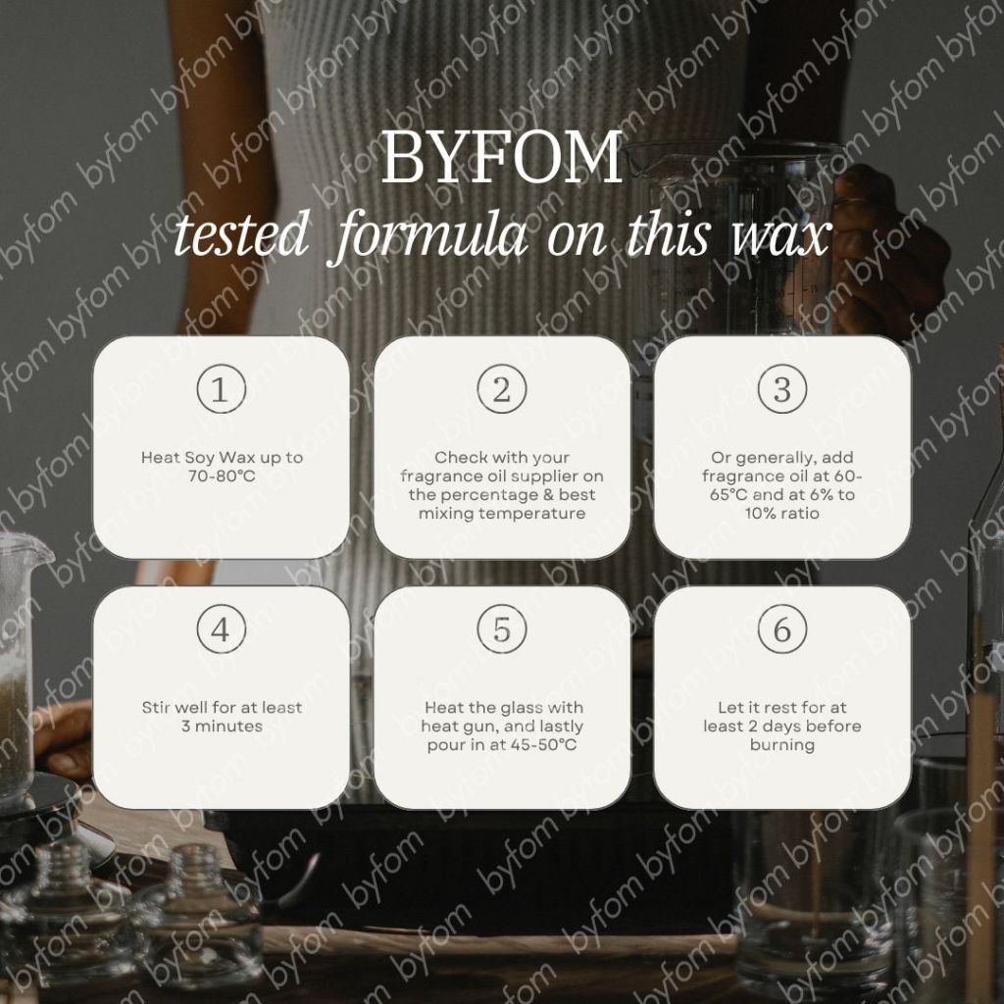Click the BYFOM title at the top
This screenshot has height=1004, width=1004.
[501, 158]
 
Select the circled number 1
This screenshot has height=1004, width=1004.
[221, 390]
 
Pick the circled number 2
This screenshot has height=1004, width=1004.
[501, 390]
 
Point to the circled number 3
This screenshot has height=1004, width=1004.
[781, 390]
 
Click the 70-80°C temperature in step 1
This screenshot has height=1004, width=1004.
[221, 477]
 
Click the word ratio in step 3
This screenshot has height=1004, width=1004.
[799, 514]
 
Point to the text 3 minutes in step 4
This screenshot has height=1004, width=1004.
[221, 727]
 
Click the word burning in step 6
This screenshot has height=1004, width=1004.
[781, 745]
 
